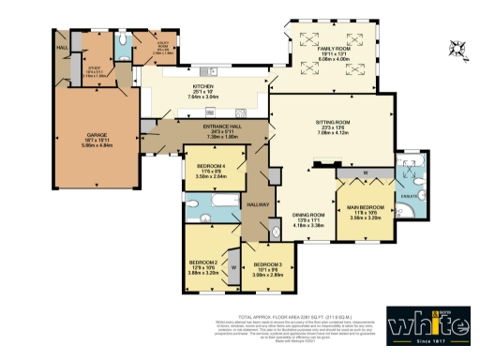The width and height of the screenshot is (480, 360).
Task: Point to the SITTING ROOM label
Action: (x=332, y=122)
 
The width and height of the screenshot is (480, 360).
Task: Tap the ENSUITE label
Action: (x=410, y=196)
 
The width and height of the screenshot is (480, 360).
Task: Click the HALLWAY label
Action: (x=258, y=204)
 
